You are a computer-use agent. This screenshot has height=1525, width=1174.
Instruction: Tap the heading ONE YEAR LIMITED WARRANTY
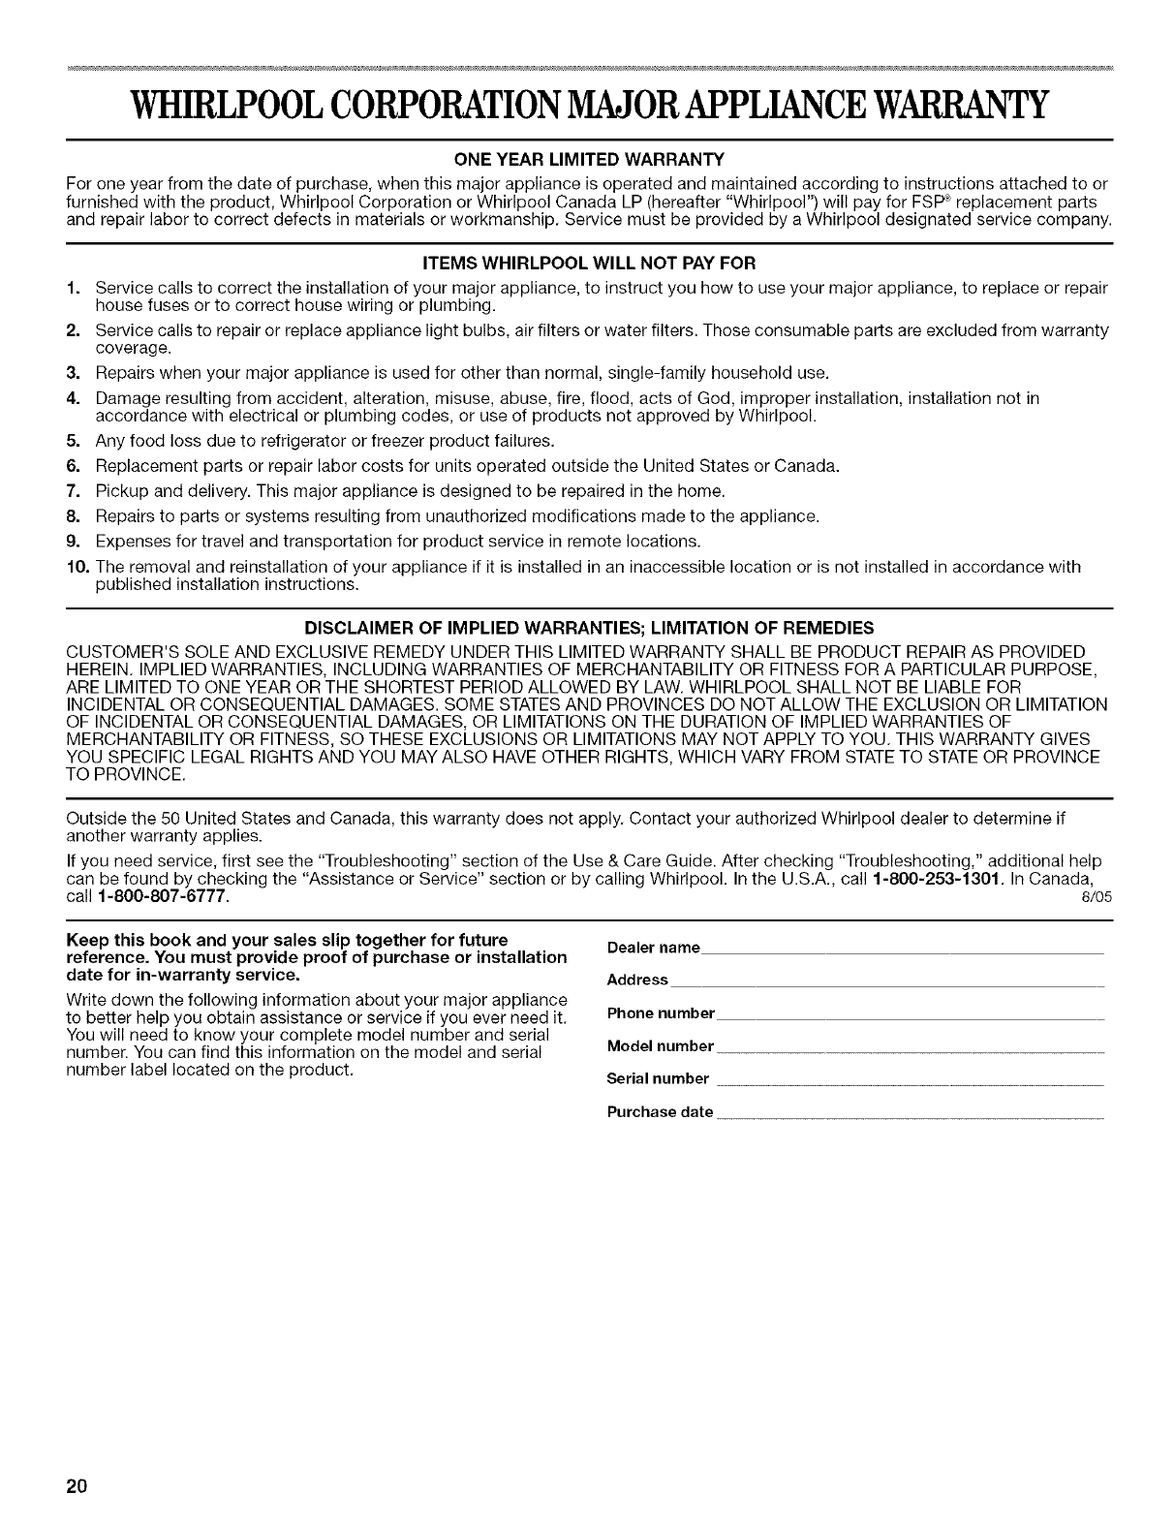(x=587, y=158)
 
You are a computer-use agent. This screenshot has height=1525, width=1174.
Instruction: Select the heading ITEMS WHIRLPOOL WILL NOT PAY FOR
(x=587, y=263)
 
